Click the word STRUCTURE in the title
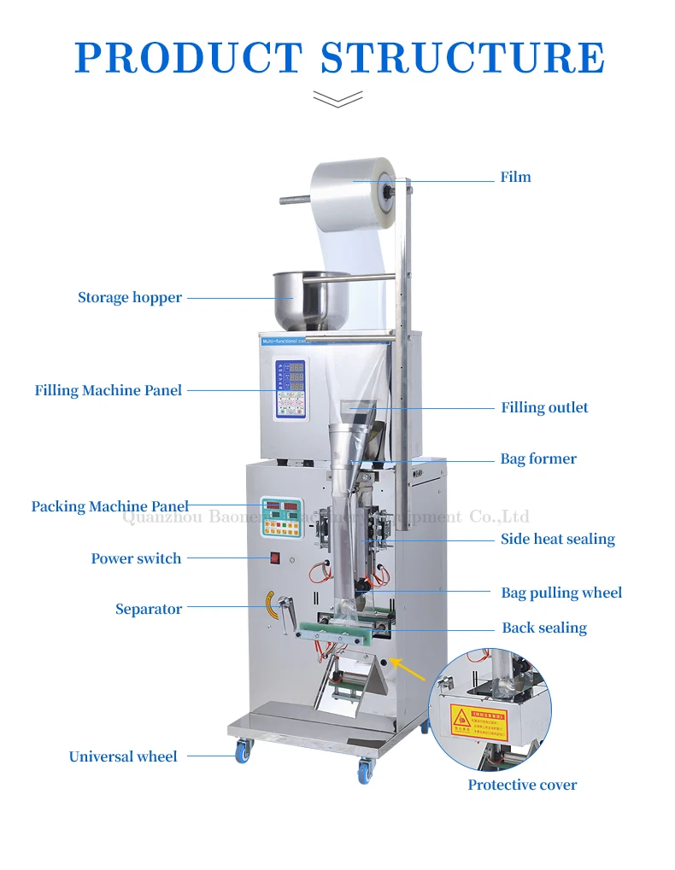pyautogui.click(x=462, y=56)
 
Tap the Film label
pyautogui.click(x=515, y=178)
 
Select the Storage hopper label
pyautogui.click(x=130, y=298)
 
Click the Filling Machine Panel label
pyautogui.click(x=109, y=391)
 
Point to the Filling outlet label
pyautogui.click(x=544, y=408)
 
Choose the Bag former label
pyautogui.click(x=538, y=459)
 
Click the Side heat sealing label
pyautogui.click(x=557, y=540)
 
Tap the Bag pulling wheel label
pyautogui.click(x=561, y=593)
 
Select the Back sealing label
pyautogui.click(x=544, y=628)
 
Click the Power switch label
pyautogui.click(x=137, y=559)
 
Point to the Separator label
pyautogui.click(x=149, y=610)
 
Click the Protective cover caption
pyautogui.click(x=522, y=785)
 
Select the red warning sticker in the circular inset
pyautogui.click(x=478, y=722)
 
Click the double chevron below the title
pyautogui.click(x=337, y=99)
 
